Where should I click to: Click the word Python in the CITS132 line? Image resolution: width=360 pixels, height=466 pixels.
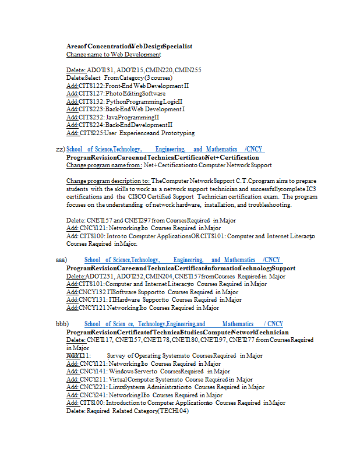[x=115, y=101]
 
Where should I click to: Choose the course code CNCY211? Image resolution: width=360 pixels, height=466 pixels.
[x=93, y=379]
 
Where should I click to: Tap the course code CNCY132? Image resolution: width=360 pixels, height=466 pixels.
[x=92, y=292]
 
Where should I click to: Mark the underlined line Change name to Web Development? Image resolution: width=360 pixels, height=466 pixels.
[x=114, y=54]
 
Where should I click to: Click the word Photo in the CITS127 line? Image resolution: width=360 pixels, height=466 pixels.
[x=114, y=93]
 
